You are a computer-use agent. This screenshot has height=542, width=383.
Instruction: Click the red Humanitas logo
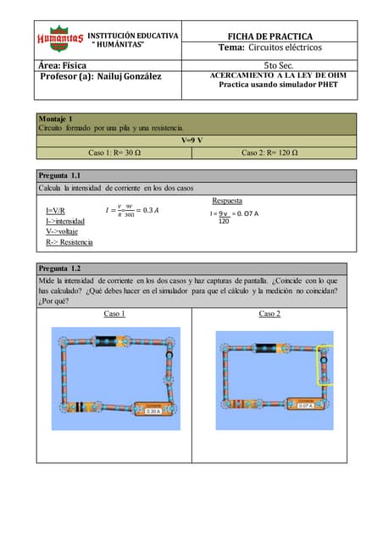[59, 38]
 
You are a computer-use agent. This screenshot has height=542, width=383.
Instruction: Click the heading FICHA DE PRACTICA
[275, 36]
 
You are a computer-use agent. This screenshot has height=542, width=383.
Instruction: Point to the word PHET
[322, 85]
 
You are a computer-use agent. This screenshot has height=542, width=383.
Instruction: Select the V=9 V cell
[191, 140]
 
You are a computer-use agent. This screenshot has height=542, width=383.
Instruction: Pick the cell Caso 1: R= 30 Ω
[115, 153]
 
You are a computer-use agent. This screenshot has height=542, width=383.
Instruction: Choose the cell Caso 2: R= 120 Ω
[269, 153]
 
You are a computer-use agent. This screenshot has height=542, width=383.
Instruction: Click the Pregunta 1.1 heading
[59, 175]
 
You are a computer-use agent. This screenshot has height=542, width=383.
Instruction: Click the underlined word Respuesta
[227, 202]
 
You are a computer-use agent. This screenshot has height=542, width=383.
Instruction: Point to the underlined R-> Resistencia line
[69, 242]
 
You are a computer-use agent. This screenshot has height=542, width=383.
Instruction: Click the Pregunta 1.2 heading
[59, 268]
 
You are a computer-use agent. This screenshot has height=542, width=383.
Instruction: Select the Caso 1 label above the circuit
[114, 313]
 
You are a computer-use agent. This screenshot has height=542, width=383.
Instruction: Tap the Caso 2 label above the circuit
[269, 313]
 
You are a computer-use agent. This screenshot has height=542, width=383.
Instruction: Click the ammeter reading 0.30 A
[153, 412]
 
